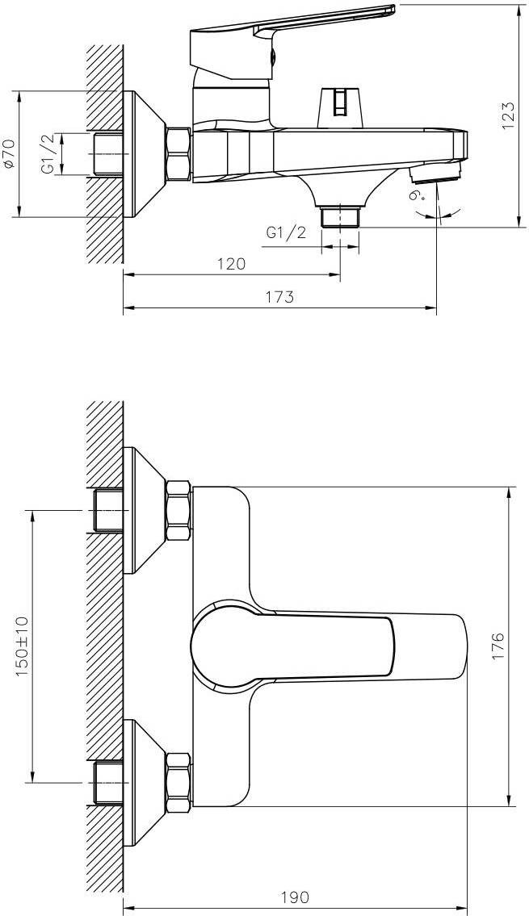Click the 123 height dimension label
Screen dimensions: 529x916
(x=508, y=115)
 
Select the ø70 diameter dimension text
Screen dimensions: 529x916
(x=9, y=154)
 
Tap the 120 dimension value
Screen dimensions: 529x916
(x=232, y=264)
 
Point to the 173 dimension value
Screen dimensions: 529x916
(x=280, y=297)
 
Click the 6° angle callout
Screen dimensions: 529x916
(x=417, y=194)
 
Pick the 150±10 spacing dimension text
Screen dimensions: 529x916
(x=22, y=646)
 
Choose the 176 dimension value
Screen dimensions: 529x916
(x=498, y=646)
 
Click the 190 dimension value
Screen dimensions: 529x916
(x=295, y=897)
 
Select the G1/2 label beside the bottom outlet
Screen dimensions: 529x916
(x=287, y=232)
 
